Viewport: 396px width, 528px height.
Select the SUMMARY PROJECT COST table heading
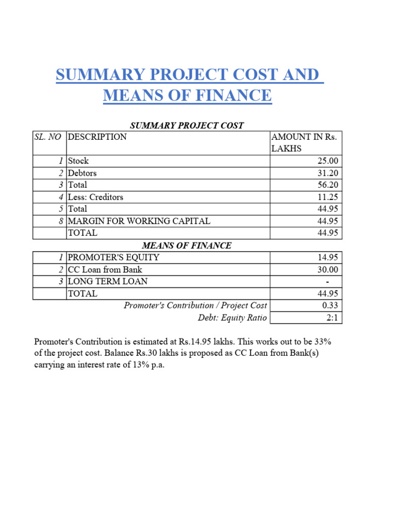point(187,125)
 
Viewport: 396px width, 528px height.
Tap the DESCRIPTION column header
point(97,137)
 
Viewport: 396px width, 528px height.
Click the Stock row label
point(78,161)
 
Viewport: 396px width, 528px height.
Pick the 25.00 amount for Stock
point(328,161)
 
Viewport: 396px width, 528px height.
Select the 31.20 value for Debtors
point(328,173)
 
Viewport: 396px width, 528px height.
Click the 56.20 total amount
point(328,185)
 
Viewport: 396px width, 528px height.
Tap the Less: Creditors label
point(95,197)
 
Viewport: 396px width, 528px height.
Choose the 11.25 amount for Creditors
point(328,197)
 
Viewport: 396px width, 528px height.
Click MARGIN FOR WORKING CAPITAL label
point(139,221)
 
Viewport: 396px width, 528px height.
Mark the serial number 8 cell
point(61,221)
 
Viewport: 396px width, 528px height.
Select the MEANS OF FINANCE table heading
point(187,245)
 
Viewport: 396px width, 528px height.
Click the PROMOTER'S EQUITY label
point(113,257)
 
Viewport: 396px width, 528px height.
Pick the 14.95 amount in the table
point(328,257)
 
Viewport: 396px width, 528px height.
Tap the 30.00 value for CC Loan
point(328,269)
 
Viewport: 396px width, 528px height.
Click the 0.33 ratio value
point(329,306)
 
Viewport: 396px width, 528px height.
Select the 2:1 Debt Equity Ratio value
point(332,318)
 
